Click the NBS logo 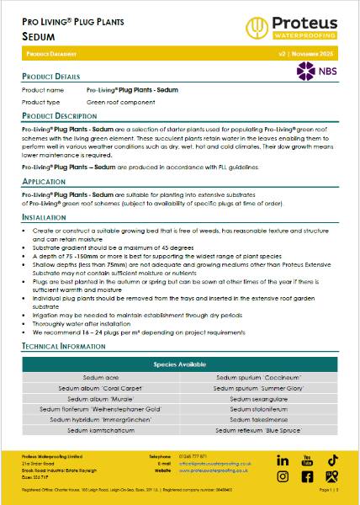[314, 71]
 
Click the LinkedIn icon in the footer [283, 460]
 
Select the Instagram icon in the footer [283, 477]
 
